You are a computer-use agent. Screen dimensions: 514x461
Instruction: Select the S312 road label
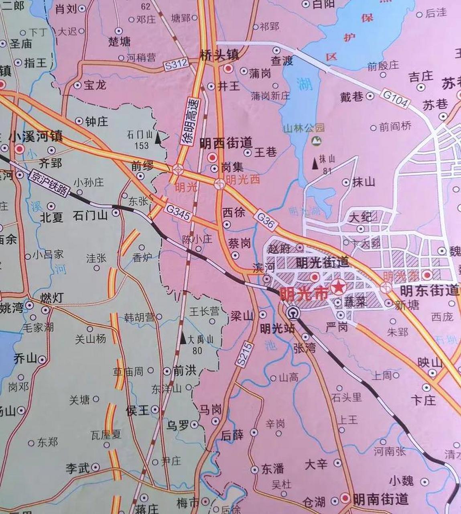tap(176, 65)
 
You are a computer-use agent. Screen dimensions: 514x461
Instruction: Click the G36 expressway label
tap(266, 221)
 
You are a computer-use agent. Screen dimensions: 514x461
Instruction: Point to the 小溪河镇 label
tap(36, 137)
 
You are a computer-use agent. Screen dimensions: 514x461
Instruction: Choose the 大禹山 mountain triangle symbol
tap(183, 339)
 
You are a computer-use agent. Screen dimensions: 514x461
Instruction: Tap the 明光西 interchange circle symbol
tap(219, 184)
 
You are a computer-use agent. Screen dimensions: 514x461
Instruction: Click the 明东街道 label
tap(429, 290)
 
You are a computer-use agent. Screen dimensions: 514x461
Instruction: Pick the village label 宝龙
tap(95, 85)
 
